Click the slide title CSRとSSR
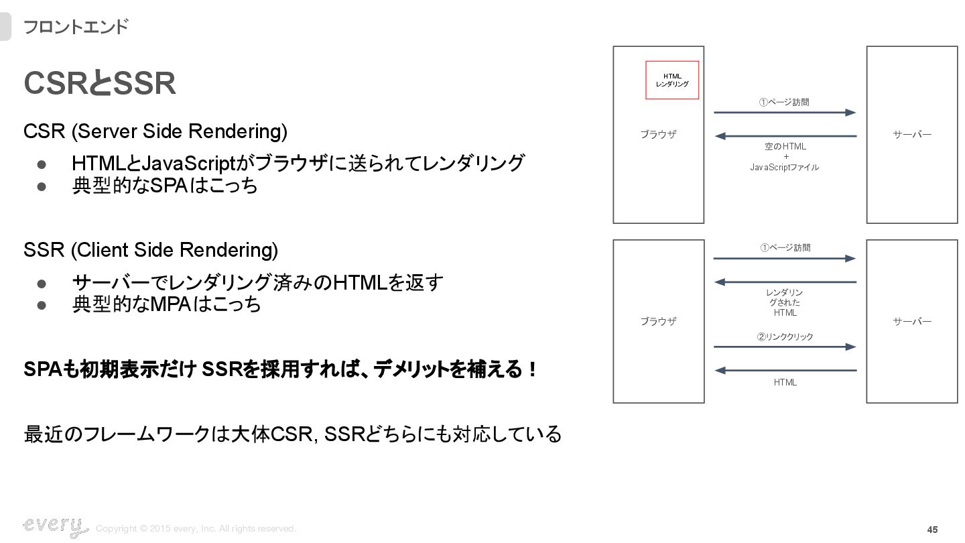tap(100, 84)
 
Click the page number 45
tap(932, 530)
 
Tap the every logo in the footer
tap(55, 527)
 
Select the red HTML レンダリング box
tap(672, 80)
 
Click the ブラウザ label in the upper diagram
tap(658, 134)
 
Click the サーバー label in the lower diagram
tap(912, 321)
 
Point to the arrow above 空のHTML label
tap(785, 136)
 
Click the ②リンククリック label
tap(785, 337)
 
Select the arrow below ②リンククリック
tap(785, 347)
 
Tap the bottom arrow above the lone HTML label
tap(785, 370)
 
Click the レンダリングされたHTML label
tap(785, 302)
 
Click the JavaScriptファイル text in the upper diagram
tap(784, 167)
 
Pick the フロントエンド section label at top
tap(75, 27)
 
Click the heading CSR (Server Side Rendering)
tap(155, 131)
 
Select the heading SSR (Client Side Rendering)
tap(151, 250)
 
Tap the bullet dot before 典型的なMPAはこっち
tap(42, 305)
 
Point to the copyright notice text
tap(196, 529)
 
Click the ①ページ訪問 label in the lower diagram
tap(785, 247)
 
